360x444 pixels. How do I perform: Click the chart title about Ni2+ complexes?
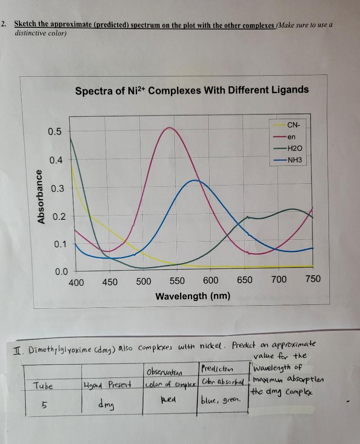tap(192, 90)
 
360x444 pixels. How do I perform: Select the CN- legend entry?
tap(293, 125)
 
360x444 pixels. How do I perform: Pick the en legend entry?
tap(291, 137)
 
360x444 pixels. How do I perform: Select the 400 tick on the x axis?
tap(76, 282)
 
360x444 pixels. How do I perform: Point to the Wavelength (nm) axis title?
tap(193, 296)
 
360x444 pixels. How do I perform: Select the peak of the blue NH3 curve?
tap(195, 180)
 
